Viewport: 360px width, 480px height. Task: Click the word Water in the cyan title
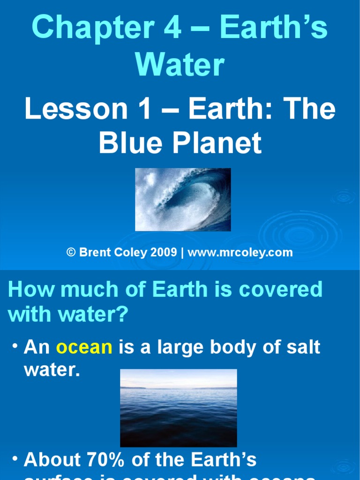pos(180,65)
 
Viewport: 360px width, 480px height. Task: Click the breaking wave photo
pos(183,199)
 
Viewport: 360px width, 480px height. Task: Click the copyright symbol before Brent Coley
pos(71,253)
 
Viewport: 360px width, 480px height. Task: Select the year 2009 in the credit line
pos(164,253)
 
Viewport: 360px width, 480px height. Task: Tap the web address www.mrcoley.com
pos(240,253)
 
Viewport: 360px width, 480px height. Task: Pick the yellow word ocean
pos(84,347)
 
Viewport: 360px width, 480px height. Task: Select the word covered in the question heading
pos(281,290)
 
